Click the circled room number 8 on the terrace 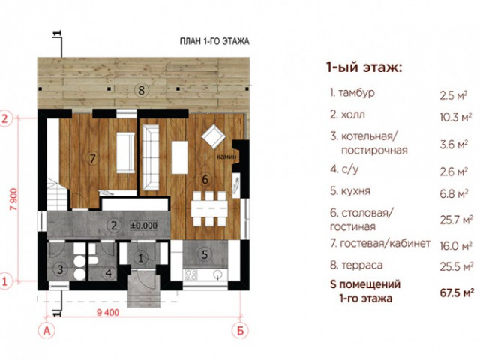141,90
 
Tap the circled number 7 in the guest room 93,158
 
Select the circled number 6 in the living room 205,179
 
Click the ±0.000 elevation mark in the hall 144,226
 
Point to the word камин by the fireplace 226,157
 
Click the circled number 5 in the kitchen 205,254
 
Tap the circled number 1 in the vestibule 141,258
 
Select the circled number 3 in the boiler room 60,269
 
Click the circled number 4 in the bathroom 109,273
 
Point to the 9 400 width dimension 108,313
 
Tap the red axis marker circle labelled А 46,331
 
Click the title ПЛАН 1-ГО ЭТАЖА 214,41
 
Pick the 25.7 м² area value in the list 456,220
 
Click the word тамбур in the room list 357,93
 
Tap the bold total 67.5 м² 457,292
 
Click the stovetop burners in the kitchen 190,274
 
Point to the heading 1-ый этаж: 364,67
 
